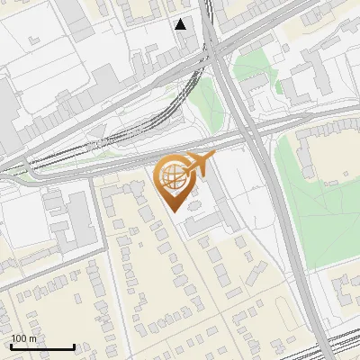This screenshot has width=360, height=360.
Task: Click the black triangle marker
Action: [x=181, y=24]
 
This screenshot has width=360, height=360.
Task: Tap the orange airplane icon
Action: [x=199, y=164]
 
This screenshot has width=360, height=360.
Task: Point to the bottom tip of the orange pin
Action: [x=173, y=211]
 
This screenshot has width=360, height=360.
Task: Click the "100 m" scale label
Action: [x=24, y=338]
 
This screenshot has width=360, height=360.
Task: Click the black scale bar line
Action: [x=42, y=346]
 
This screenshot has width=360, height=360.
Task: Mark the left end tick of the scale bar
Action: [x=11, y=346]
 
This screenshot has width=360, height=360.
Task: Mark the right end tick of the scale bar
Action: [x=74, y=346]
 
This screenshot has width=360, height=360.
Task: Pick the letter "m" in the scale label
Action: [x=33, y=338]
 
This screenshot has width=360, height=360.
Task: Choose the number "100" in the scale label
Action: [x=19, y=338]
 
